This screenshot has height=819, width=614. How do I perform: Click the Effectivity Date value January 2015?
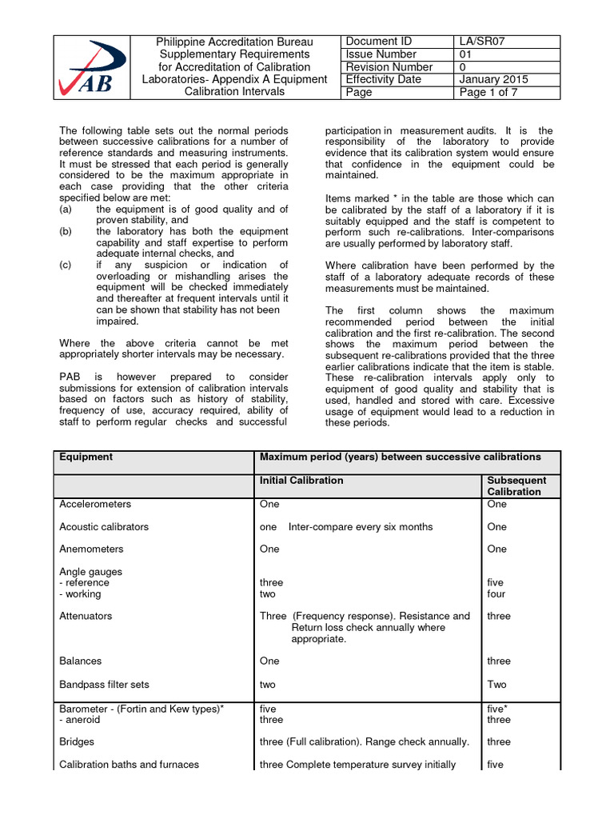(493, 79)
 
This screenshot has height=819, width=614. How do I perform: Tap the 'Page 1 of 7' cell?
(489, 92)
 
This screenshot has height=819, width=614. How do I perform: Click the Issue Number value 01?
(466, 54)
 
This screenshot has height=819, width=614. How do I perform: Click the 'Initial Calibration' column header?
(301, 480)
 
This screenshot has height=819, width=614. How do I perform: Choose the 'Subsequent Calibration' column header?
(516, 485)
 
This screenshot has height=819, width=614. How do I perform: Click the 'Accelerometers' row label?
(95, 505)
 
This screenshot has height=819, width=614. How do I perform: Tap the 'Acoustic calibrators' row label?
(104, 527)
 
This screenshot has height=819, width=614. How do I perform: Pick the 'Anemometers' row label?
(91, 549)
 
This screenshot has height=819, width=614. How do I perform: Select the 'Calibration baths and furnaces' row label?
(129, 765)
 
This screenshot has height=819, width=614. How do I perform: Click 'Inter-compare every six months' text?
(361, 527)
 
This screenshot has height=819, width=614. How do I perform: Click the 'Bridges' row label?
(77, 741)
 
